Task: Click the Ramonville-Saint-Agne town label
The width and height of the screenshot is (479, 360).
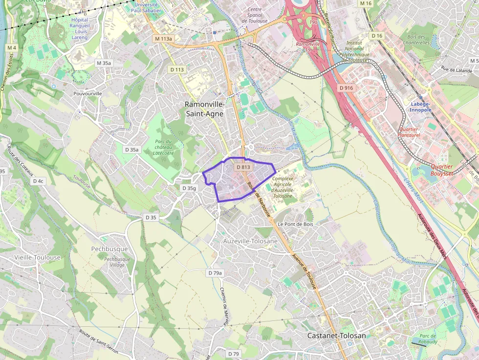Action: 204,109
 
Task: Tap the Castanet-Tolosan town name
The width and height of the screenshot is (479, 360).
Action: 336,336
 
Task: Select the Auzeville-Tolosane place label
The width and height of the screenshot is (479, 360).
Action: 250,241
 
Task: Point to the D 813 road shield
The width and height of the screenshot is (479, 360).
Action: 243,167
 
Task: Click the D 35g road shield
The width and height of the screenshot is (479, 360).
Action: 189,188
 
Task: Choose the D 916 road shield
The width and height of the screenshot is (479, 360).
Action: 346,88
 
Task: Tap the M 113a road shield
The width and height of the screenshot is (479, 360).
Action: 164,39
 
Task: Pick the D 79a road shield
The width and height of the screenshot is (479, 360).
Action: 215,273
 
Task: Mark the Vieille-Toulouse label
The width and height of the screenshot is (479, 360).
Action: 38,257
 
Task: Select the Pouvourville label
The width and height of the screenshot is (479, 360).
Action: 87,93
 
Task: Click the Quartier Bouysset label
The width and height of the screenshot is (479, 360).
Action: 441,169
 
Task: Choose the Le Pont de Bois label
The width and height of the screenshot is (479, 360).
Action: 295,224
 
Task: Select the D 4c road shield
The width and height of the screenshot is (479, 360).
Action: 38,181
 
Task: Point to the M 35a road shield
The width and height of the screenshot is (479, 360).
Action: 104,63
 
